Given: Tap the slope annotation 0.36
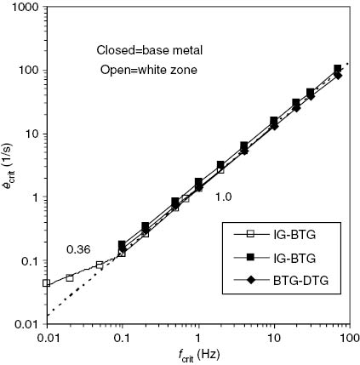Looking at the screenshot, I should (78, 249).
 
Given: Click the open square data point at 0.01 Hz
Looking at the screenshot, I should (46, 283).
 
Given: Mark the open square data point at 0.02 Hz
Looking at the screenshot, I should (70, 277).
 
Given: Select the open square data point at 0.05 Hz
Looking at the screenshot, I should (100, 265).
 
